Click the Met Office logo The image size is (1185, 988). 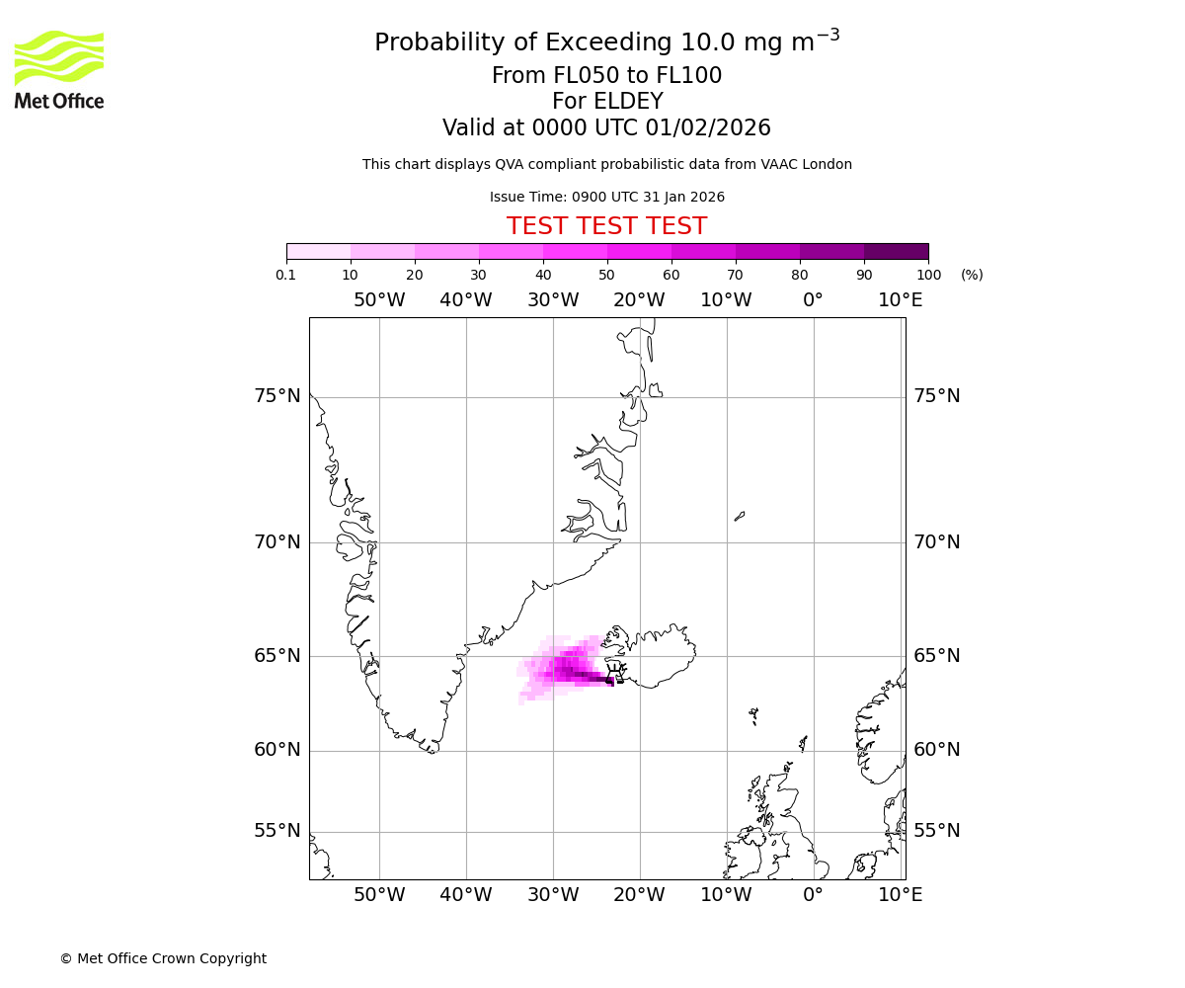(59, 69)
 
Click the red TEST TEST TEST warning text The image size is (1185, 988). (606, 226)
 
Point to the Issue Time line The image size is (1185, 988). (606, 197)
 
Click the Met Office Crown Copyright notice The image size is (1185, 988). (163, 958)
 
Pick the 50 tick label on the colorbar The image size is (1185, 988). (606, 275)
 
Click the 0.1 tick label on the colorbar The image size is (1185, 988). (286, 275)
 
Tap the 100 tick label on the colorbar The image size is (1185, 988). (928, 275)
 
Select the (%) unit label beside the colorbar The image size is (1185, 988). (972, 275)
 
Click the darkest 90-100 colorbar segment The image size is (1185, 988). (896, 251)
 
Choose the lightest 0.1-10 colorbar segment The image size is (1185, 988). (319, 251)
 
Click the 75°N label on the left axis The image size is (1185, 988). (276, 396)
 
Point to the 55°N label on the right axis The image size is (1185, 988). (936, 831)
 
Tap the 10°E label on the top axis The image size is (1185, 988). (900, 300)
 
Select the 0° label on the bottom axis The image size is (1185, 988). (813, 895)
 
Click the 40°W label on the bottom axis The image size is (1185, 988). (466, 895)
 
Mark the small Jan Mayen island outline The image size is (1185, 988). (740, 516)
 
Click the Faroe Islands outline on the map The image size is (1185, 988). (753, 715)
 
